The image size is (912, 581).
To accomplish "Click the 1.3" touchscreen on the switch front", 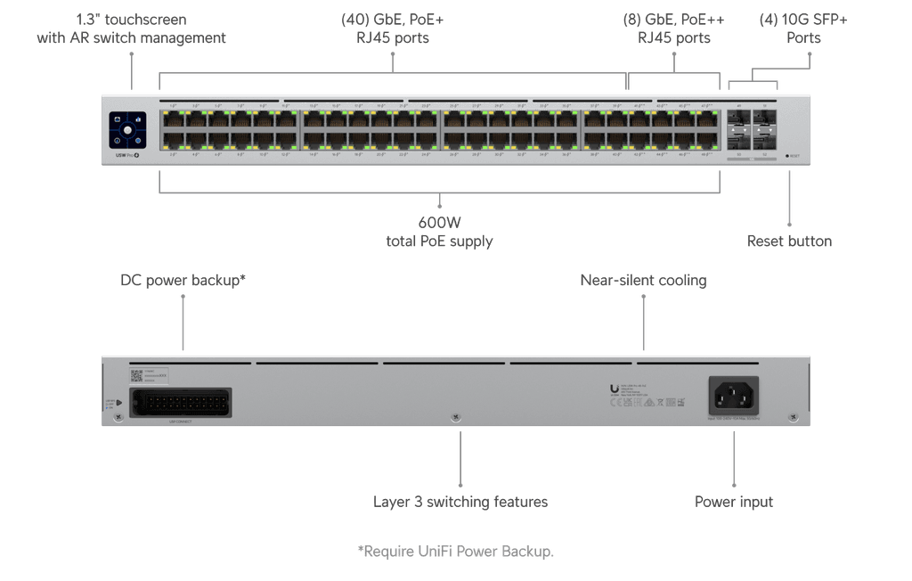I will (x=128, y=130).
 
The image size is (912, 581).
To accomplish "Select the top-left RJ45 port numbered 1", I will (x=171, y=120).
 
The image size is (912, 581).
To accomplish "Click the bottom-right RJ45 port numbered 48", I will (x=707, y=141).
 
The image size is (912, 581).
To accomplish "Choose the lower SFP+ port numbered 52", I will (x=765, y=141).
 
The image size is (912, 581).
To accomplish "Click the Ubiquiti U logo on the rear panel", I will (x=615, y=388).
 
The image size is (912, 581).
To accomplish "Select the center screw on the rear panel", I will (x=456, y=417).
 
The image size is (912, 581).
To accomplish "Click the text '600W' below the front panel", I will (x=439, y=223).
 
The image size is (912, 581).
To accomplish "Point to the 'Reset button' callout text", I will (x=789, y=241).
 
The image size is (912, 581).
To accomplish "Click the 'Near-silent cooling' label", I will (x=643, y=281).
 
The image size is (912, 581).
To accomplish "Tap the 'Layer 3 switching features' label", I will (x=460, y=502).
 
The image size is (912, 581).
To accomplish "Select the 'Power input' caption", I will (x=734, y=502).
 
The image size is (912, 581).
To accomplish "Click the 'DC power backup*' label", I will (x=183, y=281).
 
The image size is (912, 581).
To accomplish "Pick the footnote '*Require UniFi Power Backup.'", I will (x=455, y=552).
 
